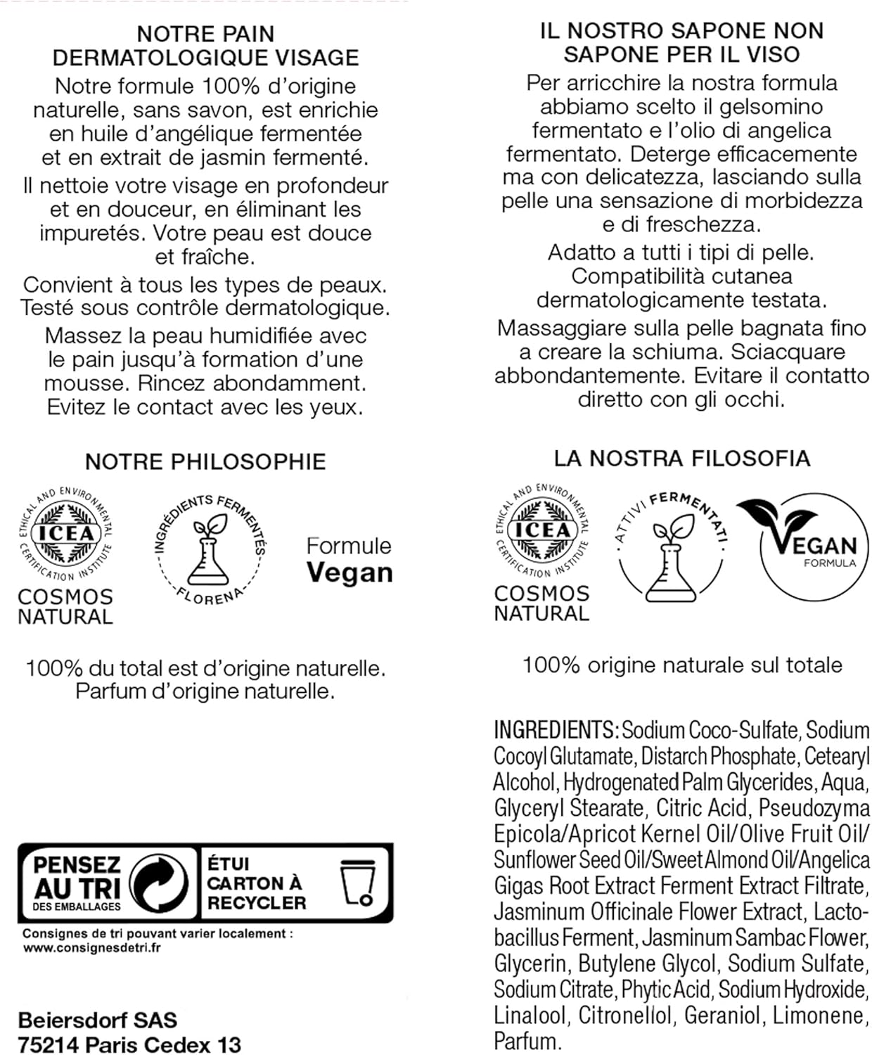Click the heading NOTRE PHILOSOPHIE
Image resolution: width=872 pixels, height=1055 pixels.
tap(205, 461)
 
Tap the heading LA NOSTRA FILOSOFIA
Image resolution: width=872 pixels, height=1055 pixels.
tap(681, 459)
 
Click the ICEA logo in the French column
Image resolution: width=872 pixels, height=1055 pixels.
tap(65, 532)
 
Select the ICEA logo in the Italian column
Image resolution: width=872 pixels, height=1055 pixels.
tap(542, 529)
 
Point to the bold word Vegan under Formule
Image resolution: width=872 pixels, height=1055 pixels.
tap(350, 573)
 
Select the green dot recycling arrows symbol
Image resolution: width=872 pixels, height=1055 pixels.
tap(160, 882)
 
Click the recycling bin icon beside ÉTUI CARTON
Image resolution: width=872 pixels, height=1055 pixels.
tap(357, 882)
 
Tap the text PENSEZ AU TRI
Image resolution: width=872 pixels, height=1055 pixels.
tap(77, 877)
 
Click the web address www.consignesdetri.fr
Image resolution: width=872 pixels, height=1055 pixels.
tap(92, 947)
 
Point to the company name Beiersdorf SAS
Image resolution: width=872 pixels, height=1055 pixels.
tap(98, 1020)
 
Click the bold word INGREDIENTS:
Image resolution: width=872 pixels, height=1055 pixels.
tap(556, 730)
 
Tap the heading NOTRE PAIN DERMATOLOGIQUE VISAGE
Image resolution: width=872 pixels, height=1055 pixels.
tap(205, 46)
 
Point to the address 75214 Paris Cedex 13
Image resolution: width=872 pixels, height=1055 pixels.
tap(129, 1044)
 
